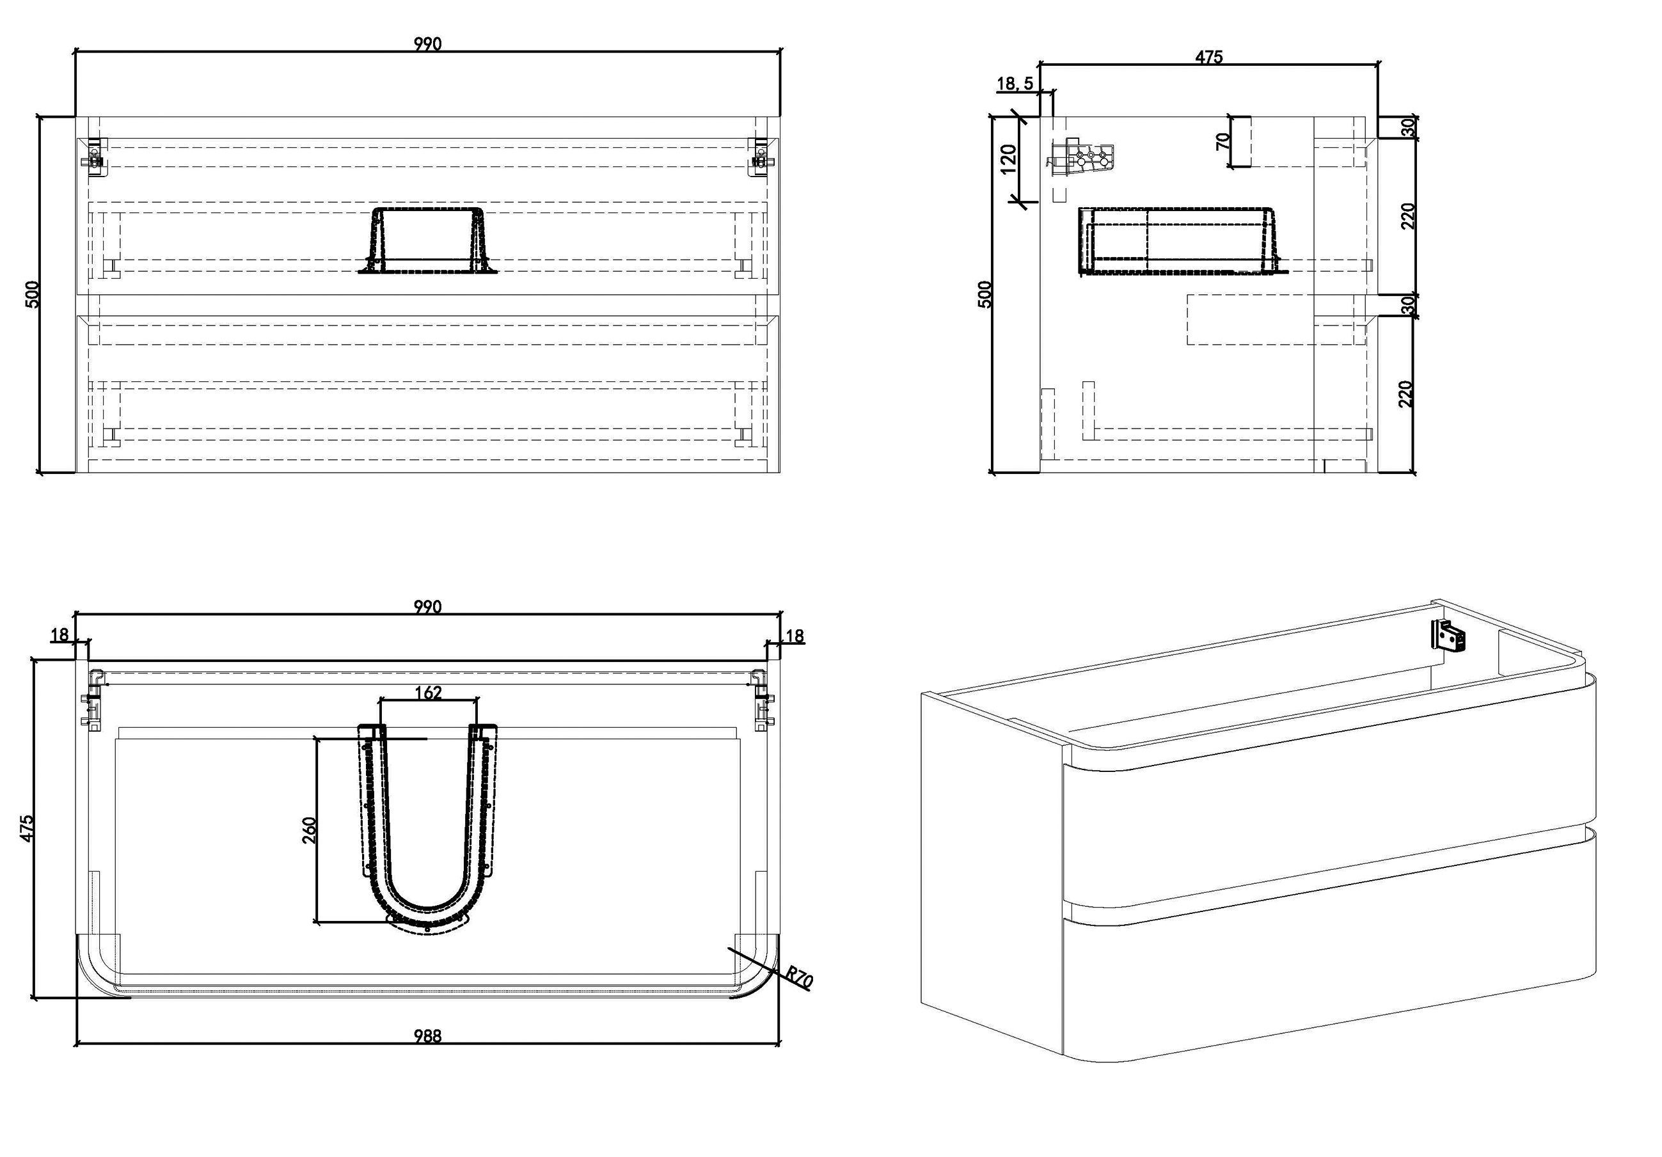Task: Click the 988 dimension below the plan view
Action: coord(427,1035)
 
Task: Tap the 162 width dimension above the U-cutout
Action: coord(428,693)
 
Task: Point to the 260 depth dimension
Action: coord(309,830)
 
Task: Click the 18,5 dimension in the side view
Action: coord(1015,83)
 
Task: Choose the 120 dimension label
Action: coord(1008,159)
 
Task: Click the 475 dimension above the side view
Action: coord(1209,56)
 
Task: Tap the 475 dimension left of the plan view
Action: coord(26,828)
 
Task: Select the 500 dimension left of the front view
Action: coord(33,294)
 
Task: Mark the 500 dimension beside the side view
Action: coord(985,294)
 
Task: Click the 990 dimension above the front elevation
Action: coord(427,43)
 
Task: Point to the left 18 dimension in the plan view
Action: coord(59,634)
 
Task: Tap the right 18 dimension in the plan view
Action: coord(794,636)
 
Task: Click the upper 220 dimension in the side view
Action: coord(1408,216)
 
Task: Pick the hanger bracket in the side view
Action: coord(1080,159)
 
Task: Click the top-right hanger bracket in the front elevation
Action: coord(760,157)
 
